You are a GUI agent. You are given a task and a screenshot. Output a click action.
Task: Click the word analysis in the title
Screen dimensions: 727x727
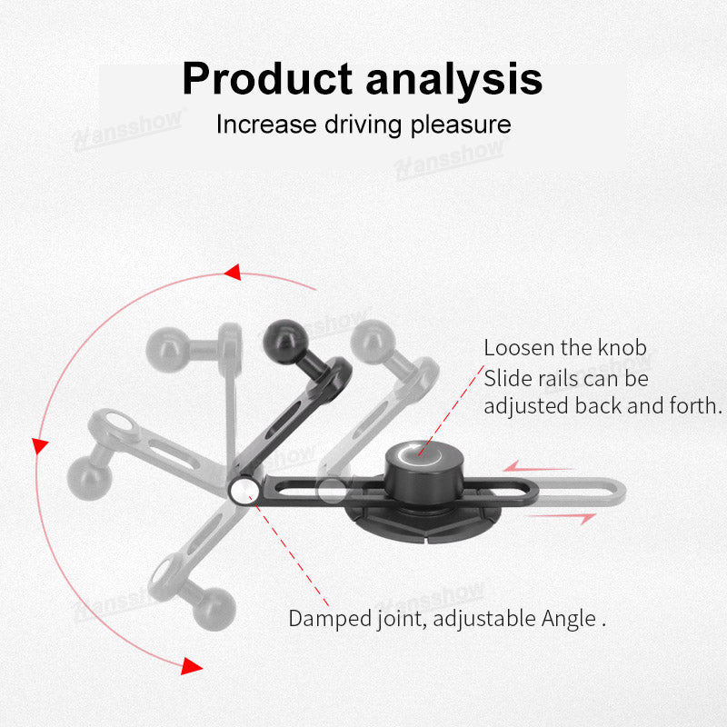(454, 79)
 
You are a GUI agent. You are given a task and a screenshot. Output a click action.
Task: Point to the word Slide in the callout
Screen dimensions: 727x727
(506, 378)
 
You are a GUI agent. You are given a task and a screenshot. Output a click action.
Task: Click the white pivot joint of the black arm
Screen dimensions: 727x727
(242, 491)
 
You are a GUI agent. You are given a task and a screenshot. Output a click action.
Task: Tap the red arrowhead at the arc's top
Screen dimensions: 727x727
(232, 272)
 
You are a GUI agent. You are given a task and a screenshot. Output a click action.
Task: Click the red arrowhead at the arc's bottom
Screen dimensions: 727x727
(190, 666)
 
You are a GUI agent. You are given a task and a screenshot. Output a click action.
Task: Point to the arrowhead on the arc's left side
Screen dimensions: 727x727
(39, 445)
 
